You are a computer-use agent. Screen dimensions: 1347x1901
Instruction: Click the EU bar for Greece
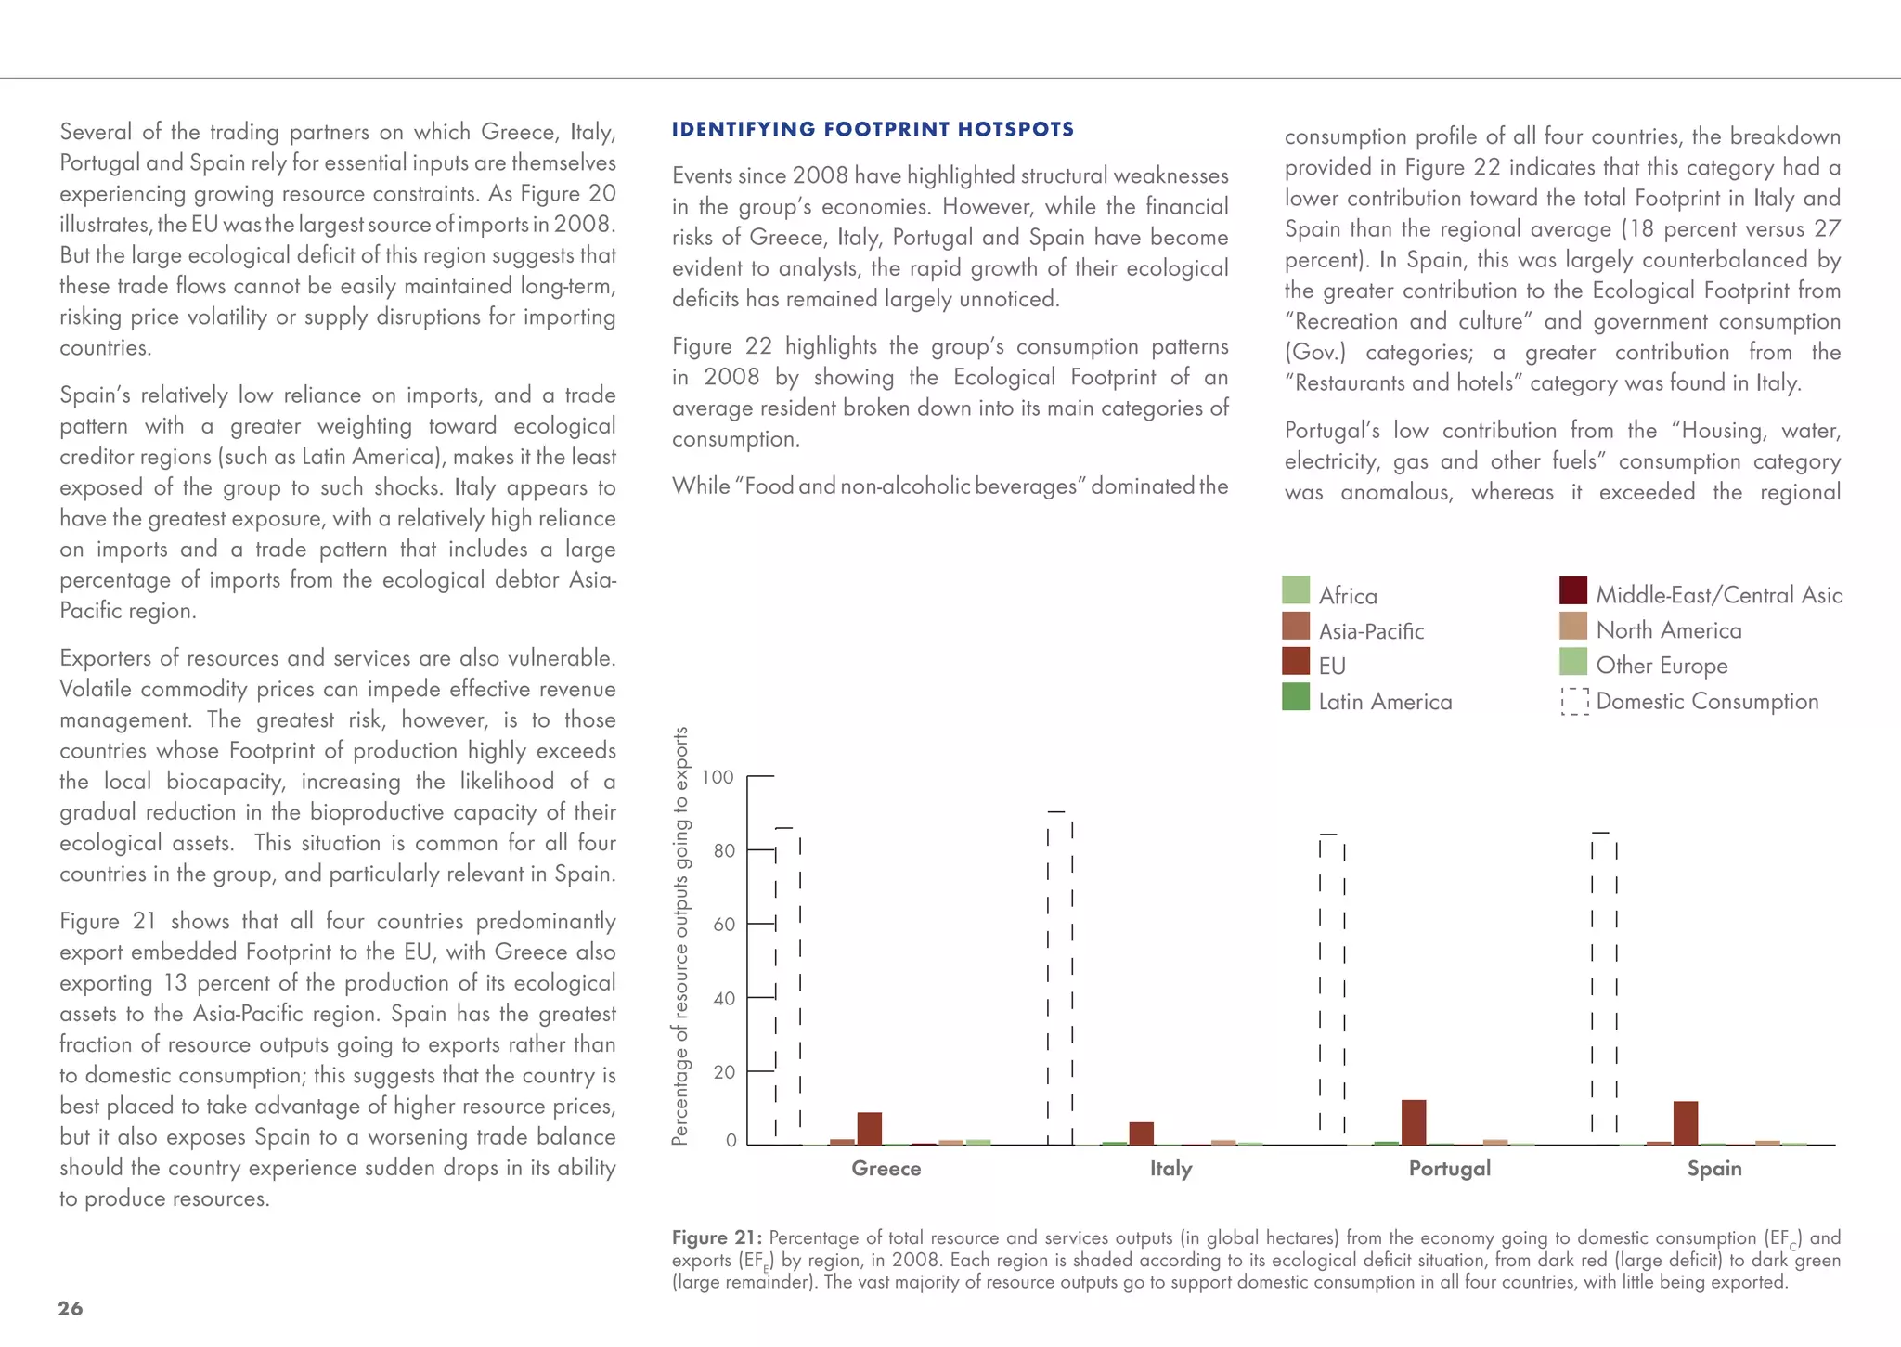[x=870, y=1128]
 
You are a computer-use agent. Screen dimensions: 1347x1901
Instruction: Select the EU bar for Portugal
[x=1414, y=1121]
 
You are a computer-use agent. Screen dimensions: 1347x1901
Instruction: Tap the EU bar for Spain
[x=1686, y=1122]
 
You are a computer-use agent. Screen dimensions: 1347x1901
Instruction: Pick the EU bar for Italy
[x=1142, y=1133]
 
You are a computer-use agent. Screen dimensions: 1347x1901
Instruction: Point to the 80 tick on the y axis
[x=724, y=850]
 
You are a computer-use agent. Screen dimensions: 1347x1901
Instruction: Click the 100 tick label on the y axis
[x=718, y=777]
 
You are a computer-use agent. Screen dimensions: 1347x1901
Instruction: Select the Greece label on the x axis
[x=886, y=1169]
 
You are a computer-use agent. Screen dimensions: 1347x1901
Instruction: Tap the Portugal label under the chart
[x=1449, y=1169]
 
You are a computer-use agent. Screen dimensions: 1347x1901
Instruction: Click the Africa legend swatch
[x=1295, y=590]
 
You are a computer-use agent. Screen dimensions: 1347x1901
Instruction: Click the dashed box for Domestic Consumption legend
[x=1574, y=702]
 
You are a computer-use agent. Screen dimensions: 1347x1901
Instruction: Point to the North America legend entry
[x=1668, y=630]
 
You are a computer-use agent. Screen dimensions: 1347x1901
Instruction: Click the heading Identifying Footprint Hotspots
[x=873, y=129]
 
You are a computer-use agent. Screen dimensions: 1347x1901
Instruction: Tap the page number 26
[x=71, y=1308]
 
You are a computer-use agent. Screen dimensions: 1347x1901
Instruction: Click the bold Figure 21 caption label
[x=717, y=1237]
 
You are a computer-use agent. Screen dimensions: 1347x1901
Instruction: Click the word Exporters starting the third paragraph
[x=104, y=658]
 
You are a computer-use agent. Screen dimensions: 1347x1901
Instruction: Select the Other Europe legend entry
[x=1661, y=666]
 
